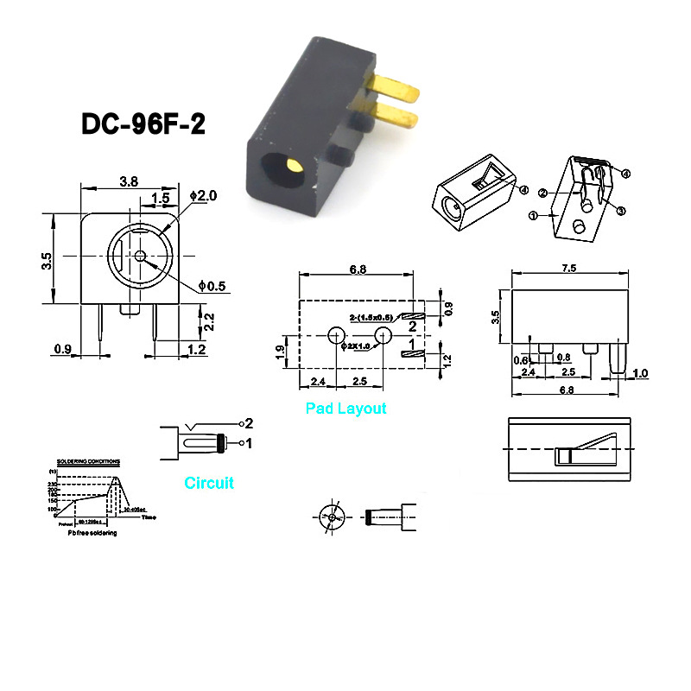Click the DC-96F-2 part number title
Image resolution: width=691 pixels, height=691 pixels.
pyautogui.click(x=143, y=124)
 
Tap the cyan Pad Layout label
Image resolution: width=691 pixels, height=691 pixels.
pyautogui.click(x=345, y=409)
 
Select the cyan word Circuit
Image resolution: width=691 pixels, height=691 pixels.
pyautogui.click(x=209, y=483)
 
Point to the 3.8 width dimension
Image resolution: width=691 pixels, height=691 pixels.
pyautogui.click(x=128, y=181)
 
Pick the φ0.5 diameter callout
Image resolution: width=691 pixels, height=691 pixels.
pyautogui.click(x=212, y=285)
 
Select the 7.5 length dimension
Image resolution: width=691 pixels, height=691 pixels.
pyautogui.click(x=568, y=269)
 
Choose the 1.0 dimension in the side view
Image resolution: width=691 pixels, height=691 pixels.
pyautogui.click(x=640, y=373)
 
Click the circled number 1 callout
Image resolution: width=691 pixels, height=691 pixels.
pyautogui.click(x=533, y=214)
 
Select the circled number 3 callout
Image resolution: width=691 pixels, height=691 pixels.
pyautogui.click(x=620, y=210)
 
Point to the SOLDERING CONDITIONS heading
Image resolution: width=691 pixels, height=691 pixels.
pyautogui.click(x=87, y=462)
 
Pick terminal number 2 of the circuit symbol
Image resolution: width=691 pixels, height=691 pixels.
pyautogui.click(x=248, y=423)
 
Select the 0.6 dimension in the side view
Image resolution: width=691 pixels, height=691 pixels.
pyautogui.click(x=522, y=360)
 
